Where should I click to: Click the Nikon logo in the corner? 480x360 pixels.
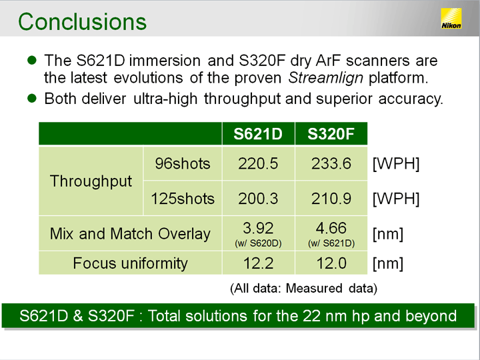[451, 19]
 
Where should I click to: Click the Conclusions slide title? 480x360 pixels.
[83, 22]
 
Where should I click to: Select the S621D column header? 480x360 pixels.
[258, 134]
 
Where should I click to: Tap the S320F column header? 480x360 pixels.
[331, 134]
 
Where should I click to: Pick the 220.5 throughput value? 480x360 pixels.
[258, 163]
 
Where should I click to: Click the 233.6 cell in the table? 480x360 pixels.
[331, 163]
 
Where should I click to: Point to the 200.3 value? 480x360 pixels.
[258, 199]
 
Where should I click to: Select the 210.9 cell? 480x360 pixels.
[331, 199]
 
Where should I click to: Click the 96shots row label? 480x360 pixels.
[183, 163]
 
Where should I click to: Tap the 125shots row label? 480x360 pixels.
[183, 199]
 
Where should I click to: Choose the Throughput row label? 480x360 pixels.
[91, 181]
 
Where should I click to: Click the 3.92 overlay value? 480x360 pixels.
[258, 228]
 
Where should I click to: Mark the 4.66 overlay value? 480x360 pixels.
[331, 228]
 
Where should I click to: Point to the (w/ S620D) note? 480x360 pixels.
[258, 243]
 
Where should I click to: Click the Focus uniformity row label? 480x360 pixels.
[130, 263]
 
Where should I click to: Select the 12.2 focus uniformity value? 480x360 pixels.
[258, 263]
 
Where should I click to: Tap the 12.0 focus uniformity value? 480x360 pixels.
[331, 263]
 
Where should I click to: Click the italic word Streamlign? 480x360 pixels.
[325, 78]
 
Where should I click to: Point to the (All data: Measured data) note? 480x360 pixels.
[303, 289]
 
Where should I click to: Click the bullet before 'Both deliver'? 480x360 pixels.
[32, 98]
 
